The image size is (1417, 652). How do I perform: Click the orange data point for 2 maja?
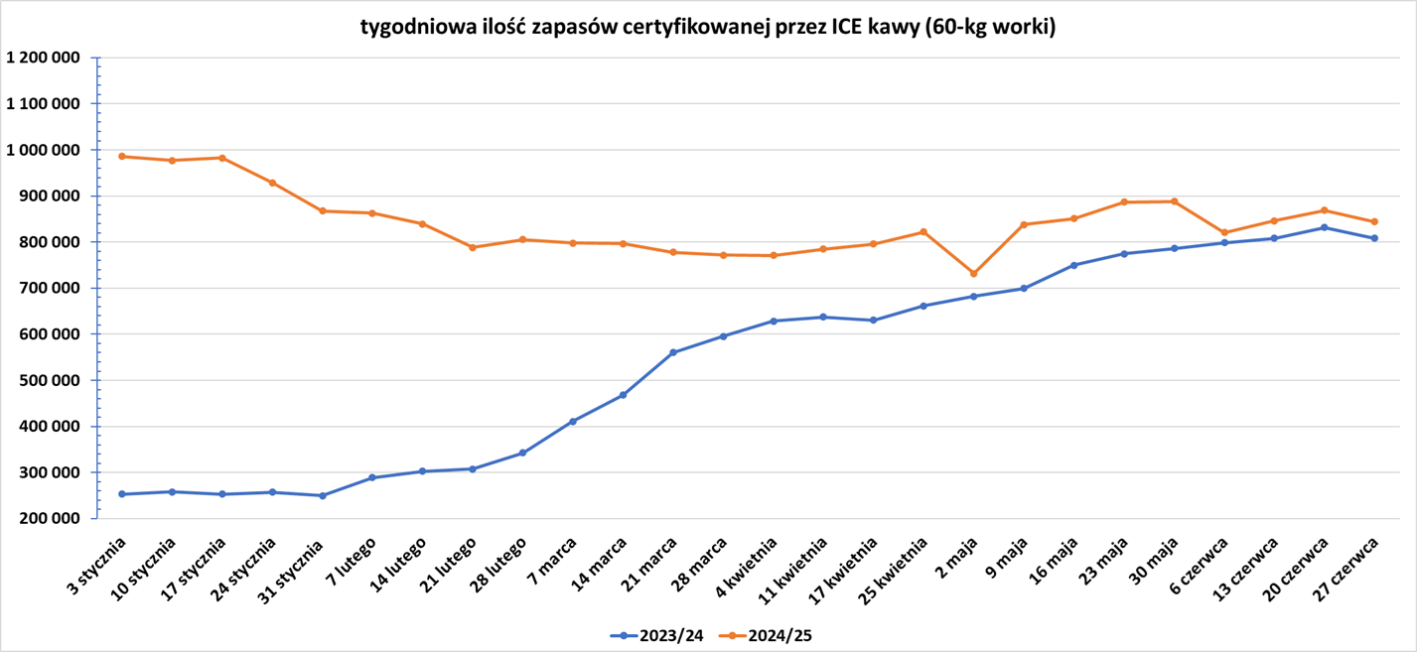[973, 274]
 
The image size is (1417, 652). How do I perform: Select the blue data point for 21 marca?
[673, 352]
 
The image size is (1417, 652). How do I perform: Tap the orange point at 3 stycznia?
[122, 156]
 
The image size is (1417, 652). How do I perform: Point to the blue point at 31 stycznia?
[323, 495]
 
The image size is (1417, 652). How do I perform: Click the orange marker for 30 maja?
[1174, 201]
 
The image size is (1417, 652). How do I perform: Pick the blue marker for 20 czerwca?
[1325, 227]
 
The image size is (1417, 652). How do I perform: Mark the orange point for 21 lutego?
[473, 247]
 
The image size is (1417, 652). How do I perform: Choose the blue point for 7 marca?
[573, 422]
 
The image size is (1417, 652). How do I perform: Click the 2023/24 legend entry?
[656, 635]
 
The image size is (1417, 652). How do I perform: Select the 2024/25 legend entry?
[769, 635]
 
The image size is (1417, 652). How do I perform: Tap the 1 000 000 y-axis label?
[42, 150]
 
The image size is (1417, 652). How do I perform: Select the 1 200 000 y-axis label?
[42, 58]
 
